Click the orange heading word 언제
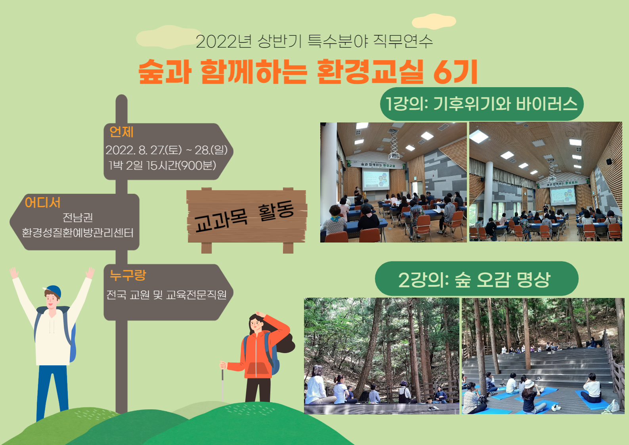tap(121, 132)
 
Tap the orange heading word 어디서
tap(42, 202)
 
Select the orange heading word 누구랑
tap(128, 275)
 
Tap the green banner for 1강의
tap(482, 104)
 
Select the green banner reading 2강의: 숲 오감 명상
tap(476, 279)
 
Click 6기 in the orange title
tap(455, 72)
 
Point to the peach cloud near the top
tap(434, 21)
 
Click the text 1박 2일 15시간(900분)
tap(163, 165)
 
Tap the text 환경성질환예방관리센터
tap(78, 233)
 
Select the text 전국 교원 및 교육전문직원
tap(166, 295)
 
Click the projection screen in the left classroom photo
tap(376, 179)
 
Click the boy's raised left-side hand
tap(13, 273)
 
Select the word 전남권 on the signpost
tap(78, 217)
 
